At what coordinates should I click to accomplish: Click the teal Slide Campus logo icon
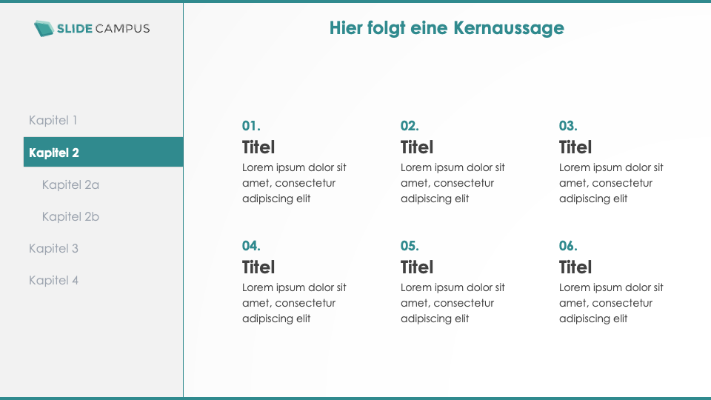coord(44,29)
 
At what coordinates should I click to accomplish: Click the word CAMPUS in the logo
coord(123,29)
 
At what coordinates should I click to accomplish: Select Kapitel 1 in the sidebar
coord(53,120)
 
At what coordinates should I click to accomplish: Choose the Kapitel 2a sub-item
coord(70,184)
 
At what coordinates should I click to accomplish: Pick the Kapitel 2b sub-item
coord(70,216)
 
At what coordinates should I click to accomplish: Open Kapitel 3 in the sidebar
coord(53,249)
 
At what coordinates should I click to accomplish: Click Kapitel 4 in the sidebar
coord(53,280)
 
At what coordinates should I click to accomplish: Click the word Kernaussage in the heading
coord(509,28)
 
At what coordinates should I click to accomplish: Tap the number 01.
coord(251,126)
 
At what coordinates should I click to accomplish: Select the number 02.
coord(410,126)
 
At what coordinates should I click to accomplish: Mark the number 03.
coord(568,126)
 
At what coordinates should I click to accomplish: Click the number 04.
coord(251,246)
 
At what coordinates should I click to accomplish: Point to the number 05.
coord(410,246)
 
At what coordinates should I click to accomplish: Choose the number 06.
coord(568,246)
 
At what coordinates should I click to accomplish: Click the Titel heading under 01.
coord(258,147)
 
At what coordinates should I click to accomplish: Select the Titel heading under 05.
coord(417,267)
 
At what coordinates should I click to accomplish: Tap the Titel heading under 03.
coord(575,147)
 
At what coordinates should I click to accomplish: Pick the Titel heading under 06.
coord(575,267)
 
